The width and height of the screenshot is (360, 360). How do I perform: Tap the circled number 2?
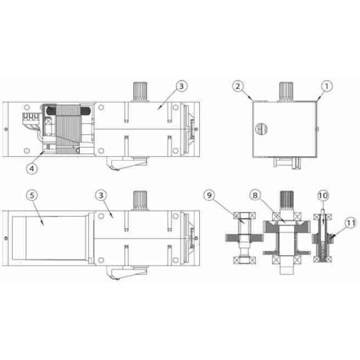pyautogui.click(x=238, y=87)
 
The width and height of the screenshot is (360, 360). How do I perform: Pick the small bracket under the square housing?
pyautogui.click(x=283, y=162)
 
